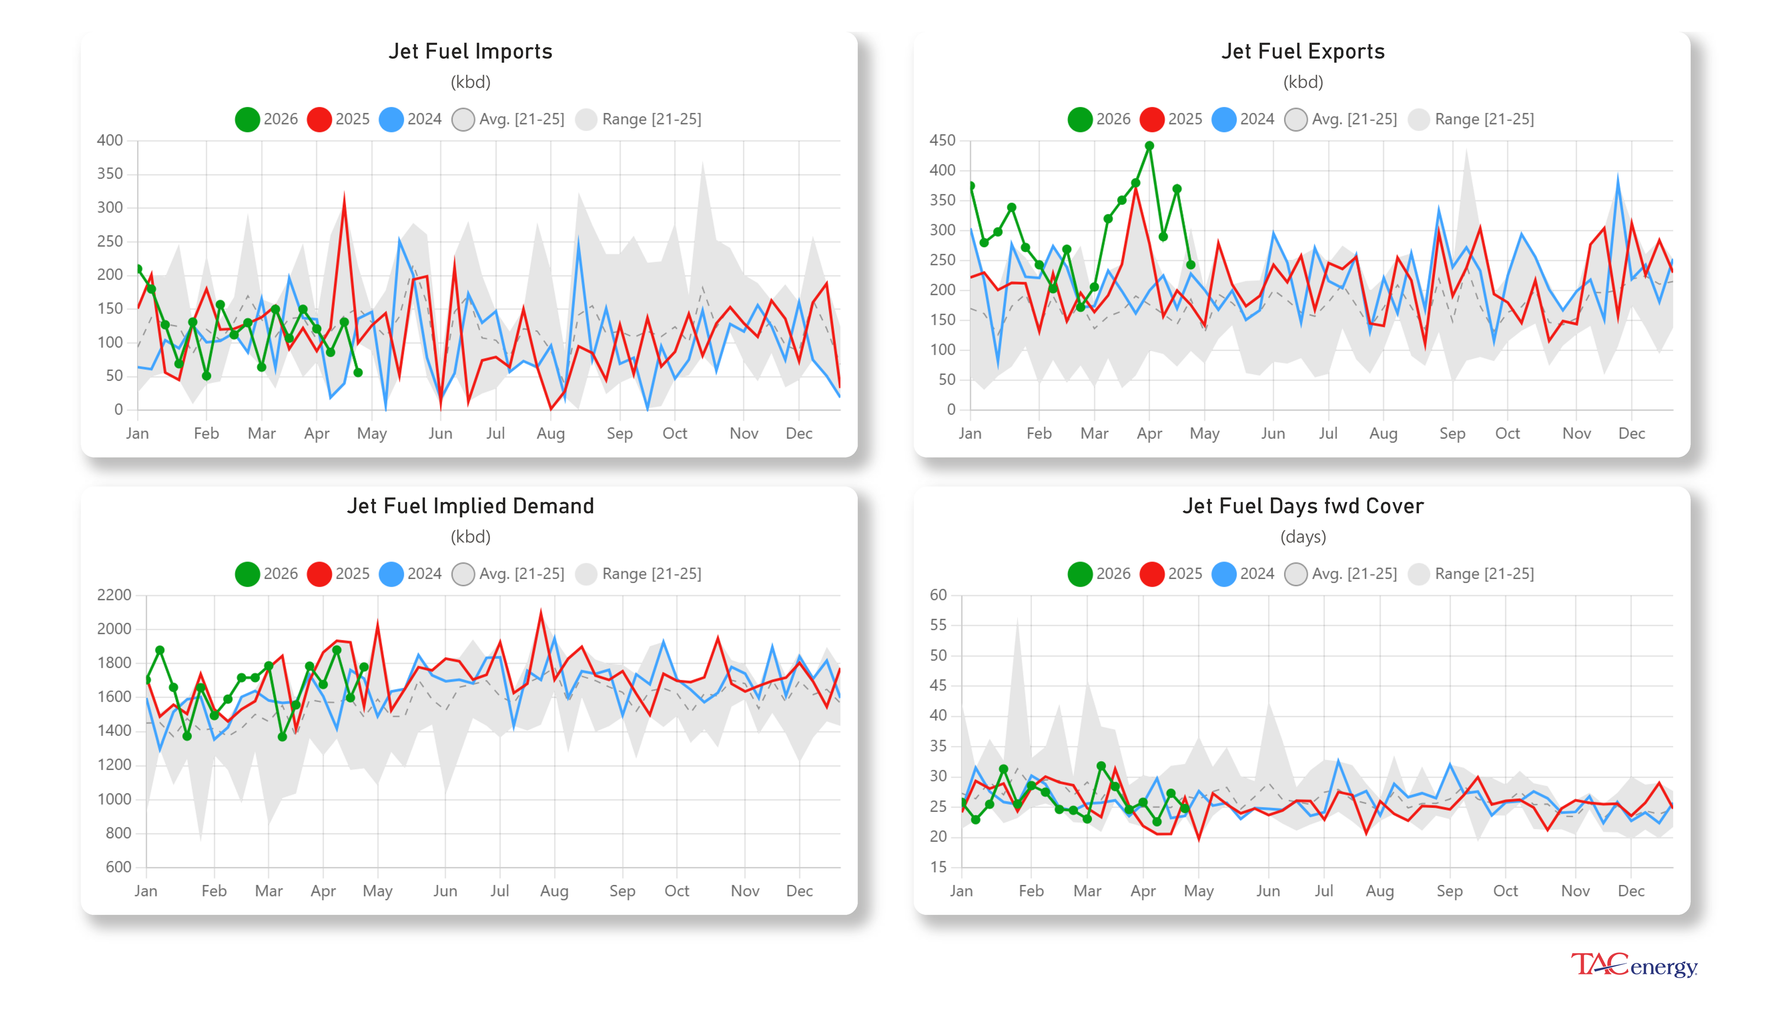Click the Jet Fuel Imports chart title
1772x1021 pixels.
pyautogui.click(x=471, y=51)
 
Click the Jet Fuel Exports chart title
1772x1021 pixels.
pyautogui.click(x=1302, y=51)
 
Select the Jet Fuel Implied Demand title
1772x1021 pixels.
pyautogui.click(x=471, y=506)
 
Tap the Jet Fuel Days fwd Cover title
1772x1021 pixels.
pyautogui.click(x=1302, y=506)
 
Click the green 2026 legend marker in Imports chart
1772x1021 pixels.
pyautogui.click(x=247, y=119)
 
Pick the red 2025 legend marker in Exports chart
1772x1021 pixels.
pyautogui.click(x=1151, y=119)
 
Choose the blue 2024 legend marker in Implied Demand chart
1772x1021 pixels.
pyautogui.click(x=390, y=573)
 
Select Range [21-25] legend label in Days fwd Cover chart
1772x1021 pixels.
pyautogui.click(x=1484, y=573)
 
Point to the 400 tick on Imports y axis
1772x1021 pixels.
pyautogui.click(x=110, y=140)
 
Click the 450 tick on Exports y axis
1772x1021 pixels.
pyautogui.click(x=942, y=140)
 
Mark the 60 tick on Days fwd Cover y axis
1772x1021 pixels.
pyautogui.click(x=938, y=595)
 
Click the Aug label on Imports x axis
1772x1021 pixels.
pyautogui.click(x=551, y=433)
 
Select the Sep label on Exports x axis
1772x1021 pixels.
pyautogui.click(x=1452, y=433)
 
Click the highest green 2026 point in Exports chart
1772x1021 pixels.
pyautogui.click(x=1149, y=146)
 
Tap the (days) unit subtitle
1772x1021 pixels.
pyautogui.click(x=1302, y=537)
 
